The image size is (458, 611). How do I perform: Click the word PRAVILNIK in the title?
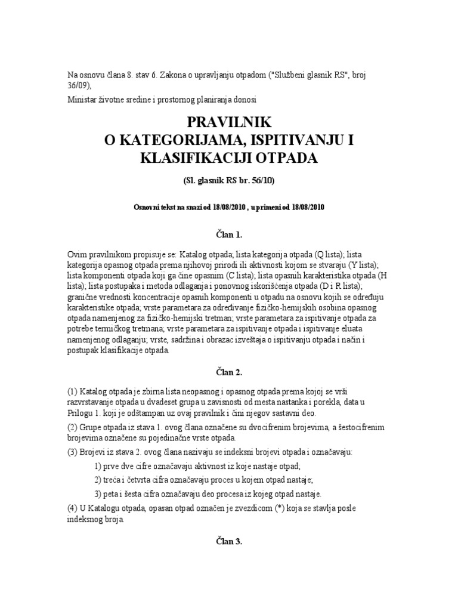tap(229, 122)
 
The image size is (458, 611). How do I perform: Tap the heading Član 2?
tap(229, 372)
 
